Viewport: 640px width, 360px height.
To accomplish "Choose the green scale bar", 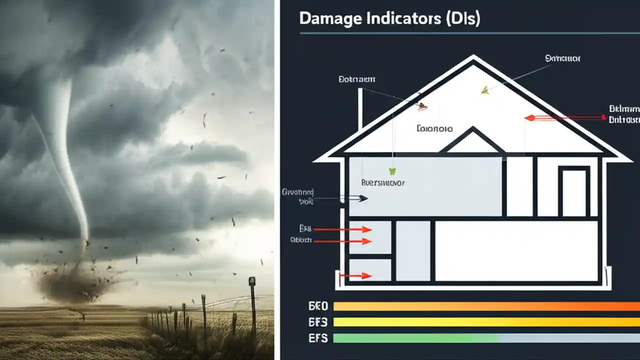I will (415, 338).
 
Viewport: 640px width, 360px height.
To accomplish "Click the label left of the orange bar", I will (318, 306).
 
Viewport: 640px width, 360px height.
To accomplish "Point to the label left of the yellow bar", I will (318, 322).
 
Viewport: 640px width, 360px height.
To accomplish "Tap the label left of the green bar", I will (318, 338).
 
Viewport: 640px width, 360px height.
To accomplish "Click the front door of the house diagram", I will (573, 192).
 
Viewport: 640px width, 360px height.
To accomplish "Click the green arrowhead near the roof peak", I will (484, 90).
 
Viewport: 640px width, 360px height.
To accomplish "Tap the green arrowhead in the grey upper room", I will (392, 171).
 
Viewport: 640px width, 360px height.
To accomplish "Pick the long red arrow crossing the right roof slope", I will (565, 118).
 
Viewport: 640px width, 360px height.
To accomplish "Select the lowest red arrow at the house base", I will (355, 275).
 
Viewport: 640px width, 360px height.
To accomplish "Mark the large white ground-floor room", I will (516, 250).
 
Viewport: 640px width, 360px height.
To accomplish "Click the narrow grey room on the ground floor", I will (413, 250).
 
